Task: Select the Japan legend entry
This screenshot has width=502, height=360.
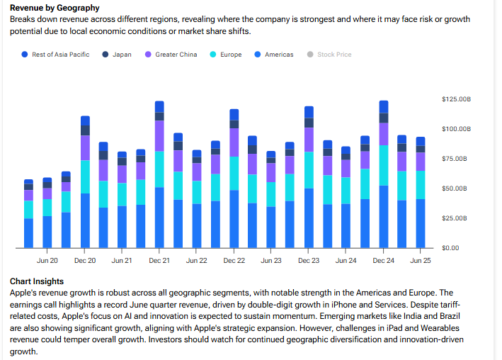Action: (x=121, y=55)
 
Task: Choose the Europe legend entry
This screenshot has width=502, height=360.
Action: (x=230, y=55)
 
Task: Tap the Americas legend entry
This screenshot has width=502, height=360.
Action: (x=278, y=55)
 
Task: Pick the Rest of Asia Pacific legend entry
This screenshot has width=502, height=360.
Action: (x=60, y=55)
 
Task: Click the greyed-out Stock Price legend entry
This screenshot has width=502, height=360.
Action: (x=333, y=55)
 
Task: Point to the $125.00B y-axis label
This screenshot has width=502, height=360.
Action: (x=456, y=100)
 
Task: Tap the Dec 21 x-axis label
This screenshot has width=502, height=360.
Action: (x=159, y=261)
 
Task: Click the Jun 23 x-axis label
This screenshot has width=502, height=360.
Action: (x=271, y=261)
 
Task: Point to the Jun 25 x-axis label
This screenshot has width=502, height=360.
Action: (x=421, y=261)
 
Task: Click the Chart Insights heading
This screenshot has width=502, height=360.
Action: (x=37, y=281)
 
